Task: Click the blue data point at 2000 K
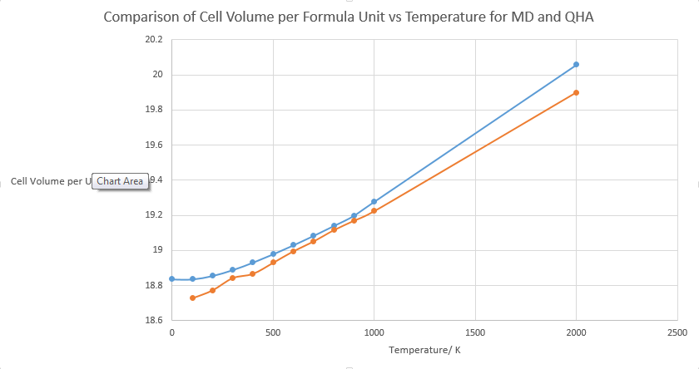[576, 64]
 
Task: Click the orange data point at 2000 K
[576, 92]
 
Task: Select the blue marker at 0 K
[171, 279]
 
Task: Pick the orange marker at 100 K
[192, 298]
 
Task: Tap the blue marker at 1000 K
[374, 202]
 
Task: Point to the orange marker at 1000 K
[374, 211]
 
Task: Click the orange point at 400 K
[252, 273]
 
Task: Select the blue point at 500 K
[273, 253]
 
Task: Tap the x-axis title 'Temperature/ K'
[424, 350]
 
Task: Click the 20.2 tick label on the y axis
[153, 40]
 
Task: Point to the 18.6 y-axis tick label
[153, 320]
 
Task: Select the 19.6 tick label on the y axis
[153, 145]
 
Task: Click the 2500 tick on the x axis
[677, 332]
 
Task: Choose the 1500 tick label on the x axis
[474, 332]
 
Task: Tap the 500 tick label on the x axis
[273, 332]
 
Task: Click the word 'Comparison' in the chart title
[144, 17]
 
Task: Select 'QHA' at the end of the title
[578, 17]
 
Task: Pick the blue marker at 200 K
[212, 276]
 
